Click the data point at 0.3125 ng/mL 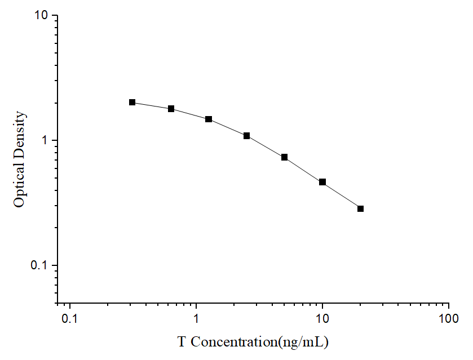click(x=132, y=102)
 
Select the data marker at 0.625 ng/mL click(x=171, y=109)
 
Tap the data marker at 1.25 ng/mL click(x=209, y=119)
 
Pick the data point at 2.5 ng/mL click(x=246, y=136)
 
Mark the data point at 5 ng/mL click(x=285, y=157)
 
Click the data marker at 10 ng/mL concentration click(x=322, y=182)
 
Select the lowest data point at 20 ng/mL click(x=360, y=208)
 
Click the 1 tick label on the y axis click(x=47, y=140)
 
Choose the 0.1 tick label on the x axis click(x=70, y=318)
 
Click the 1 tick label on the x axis click(x=196, y=318)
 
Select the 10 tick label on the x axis click(x=322, y=318)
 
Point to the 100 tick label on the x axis click(x=449, y=318)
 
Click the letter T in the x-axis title click(x=182, y=341)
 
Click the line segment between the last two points click(x=342, y=195)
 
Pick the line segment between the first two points click(x=151, y=105)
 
